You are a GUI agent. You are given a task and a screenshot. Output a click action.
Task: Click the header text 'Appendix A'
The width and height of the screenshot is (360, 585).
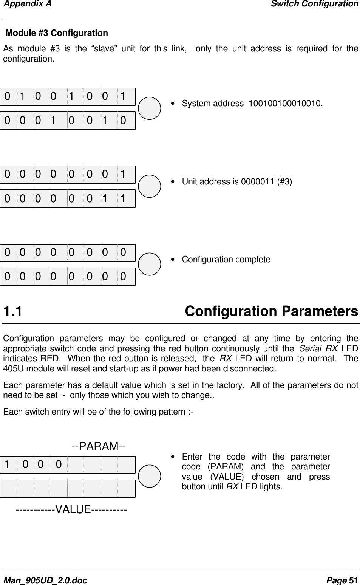coord(26,4)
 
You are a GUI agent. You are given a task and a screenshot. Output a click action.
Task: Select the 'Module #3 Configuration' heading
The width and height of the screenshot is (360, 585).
coord(56,33)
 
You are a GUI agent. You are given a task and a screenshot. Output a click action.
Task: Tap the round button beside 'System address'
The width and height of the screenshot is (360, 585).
coord(150,108)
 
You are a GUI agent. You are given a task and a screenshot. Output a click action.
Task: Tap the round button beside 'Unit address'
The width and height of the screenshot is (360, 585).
coord(150,186)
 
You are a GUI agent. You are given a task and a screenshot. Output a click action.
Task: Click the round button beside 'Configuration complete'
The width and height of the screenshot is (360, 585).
coord(150,264)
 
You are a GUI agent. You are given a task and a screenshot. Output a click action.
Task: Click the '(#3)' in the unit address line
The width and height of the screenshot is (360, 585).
coord(284,181)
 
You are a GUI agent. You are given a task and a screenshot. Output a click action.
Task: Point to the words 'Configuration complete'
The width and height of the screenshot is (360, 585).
coord(226,260)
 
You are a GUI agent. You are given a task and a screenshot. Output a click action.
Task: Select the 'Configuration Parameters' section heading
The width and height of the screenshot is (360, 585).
coord(271,312)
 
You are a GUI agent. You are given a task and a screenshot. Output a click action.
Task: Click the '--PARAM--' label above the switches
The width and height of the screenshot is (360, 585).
coord(99,446)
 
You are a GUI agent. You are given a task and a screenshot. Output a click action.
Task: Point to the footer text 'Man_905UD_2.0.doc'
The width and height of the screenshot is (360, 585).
coord(45,580)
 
